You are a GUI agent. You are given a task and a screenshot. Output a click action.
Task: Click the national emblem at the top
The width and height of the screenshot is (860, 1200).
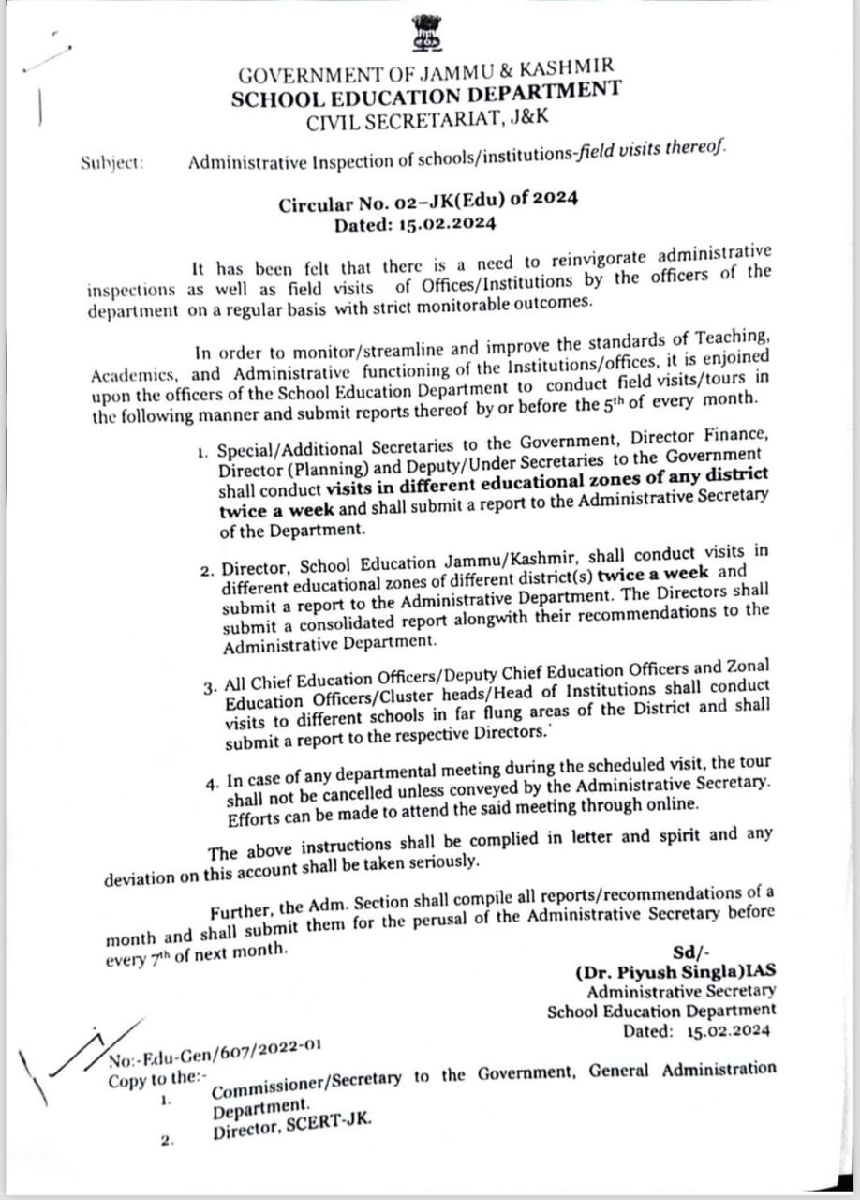pos(427,34)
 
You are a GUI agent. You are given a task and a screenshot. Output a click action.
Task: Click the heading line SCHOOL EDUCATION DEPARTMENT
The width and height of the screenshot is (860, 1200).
pos(426,94)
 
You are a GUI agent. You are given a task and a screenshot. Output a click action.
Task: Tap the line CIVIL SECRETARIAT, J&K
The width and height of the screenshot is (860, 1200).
pos(426,118)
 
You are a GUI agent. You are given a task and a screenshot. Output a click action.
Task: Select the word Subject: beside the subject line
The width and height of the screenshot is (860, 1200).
pos(112,162)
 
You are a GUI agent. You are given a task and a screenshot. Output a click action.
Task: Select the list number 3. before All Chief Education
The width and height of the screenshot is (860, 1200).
pos(208,686)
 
